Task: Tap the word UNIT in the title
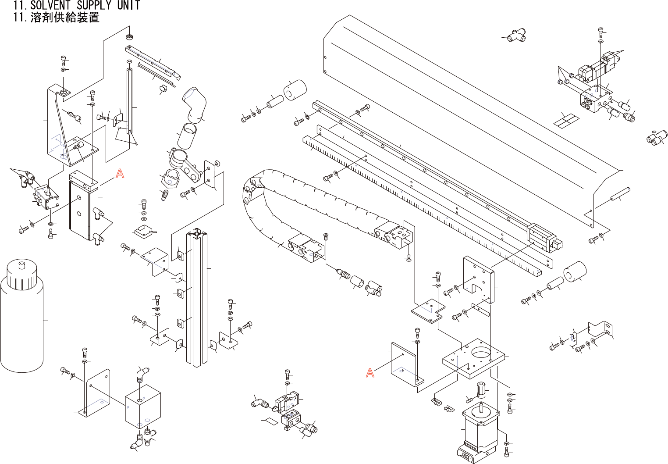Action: click(128, 5)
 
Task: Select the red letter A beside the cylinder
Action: click(120, 174)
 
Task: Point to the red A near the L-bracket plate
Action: click(370, 373)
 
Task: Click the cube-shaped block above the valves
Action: click(142, 406)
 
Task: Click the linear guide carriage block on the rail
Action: click(544, 238)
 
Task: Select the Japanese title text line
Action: click(57, 18)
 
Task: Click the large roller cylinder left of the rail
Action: click(295, 90)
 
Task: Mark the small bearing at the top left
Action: click(129, 36)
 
